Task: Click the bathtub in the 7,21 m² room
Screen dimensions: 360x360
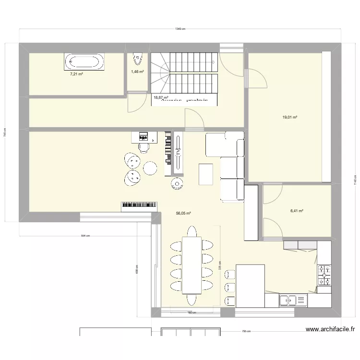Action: coord(84,62)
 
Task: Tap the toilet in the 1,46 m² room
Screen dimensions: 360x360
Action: coord(137,59)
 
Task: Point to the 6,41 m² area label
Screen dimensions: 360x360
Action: coord(298,210)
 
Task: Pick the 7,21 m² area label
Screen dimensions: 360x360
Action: coord(77,74)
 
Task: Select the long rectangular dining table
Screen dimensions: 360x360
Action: coord(192,264)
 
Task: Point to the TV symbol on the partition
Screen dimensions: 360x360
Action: coord(178,152)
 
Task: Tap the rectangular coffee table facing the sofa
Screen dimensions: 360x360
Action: coord(206,174)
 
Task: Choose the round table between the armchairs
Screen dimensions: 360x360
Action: coord(150,168)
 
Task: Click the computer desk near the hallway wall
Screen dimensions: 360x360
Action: coord(144,137)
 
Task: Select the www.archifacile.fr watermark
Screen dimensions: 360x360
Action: coord(330,329)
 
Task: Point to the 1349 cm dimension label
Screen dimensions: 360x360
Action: coord(180,29)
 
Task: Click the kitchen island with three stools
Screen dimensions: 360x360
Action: coord(250,286)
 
